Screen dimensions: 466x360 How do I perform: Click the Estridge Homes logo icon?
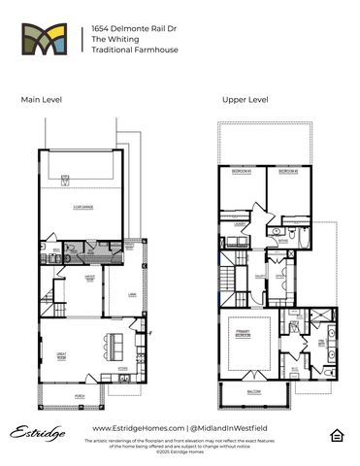coord(49,42)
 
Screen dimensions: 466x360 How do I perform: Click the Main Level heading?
coord(40,100)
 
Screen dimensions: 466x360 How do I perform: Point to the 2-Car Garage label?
coord(82,208)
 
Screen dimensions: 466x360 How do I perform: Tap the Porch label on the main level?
coord(80,396)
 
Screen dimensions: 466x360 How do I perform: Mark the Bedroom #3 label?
coord(242,172)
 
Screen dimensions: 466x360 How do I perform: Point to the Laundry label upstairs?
coord(238,224)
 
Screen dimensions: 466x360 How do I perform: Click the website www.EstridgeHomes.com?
coord(138,428)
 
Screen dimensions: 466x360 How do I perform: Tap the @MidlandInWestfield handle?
coord(228,428)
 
